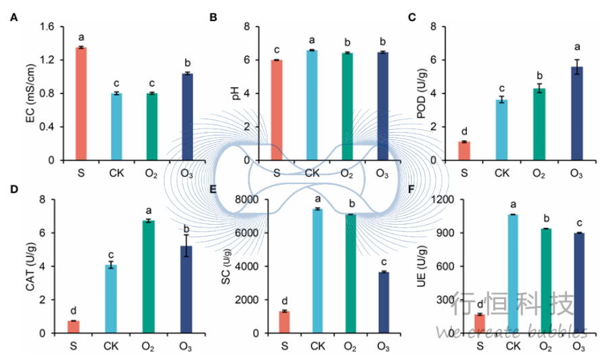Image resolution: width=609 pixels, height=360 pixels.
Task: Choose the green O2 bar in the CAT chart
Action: [149, 277]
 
